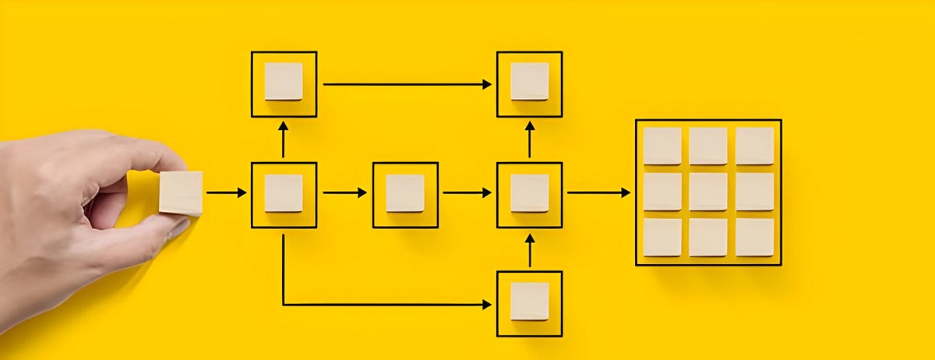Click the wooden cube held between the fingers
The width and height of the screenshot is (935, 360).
click(x=181, y=192)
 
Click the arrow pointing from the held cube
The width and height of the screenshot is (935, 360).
click(x=227, y=192)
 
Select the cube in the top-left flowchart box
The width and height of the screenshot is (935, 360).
click(x=284, y=81)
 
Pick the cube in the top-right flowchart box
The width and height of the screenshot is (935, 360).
click(x=530, y=81)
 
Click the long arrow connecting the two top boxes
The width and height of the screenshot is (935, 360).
click(x=407, y=83)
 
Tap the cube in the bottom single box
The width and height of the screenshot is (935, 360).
click(x=530, y=301)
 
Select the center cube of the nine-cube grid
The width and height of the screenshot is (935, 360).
click(x=707, y=192)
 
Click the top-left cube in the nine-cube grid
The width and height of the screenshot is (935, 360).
click(x=662, y=146)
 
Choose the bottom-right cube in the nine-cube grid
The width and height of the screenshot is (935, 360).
click(x=754, y=237)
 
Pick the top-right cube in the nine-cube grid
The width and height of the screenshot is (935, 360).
click(x=754, y=146)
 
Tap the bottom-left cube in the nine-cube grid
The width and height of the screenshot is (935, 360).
click(x=662, y=237)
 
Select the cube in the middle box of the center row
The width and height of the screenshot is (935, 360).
click(x=405, y=193)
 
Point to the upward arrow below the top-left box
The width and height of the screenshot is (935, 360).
click(x=284, y=139)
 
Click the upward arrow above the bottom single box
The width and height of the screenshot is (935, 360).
click(x=530, y=251)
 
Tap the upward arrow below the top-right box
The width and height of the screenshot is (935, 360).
click(x=530, y=139)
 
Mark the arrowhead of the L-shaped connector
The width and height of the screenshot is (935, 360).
click(x=487, y=304)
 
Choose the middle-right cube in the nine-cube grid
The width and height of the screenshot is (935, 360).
click(x=754, y=192)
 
